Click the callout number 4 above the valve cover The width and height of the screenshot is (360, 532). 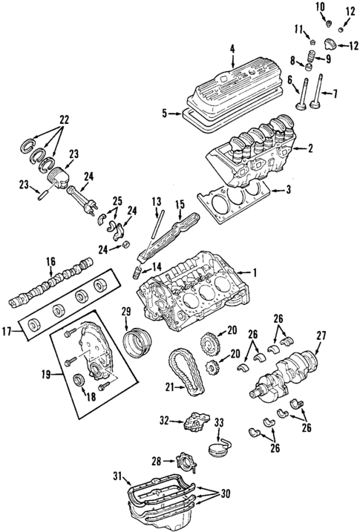(x=232, y=50)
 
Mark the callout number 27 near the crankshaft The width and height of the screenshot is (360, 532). (x=321, y=335)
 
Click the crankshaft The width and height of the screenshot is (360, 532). (x=286, y=371)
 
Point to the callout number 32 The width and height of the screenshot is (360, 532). (x=165, y=421)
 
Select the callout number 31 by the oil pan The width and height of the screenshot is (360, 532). (x=117, y=476)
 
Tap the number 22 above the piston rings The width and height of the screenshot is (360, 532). (x=64, y=119)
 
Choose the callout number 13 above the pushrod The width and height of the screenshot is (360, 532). (x=156, y=202)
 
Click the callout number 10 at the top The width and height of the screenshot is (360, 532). (x=321, y=7)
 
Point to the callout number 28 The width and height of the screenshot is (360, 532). (x=156, y=461)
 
